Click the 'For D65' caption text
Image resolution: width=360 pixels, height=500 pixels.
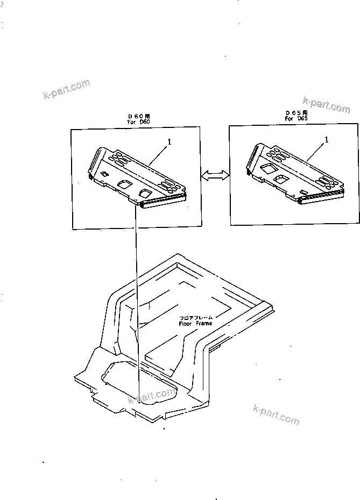(x=297, y=119)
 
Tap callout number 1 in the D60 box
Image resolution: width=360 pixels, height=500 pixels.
(x=170, y=142)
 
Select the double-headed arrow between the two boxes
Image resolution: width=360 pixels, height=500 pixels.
(x=215, y=175)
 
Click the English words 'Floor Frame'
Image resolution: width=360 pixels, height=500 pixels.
(x=195, y=324)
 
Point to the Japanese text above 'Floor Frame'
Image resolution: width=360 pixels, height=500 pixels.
(x=195, y=318)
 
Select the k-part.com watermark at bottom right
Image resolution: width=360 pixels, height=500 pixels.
(x=275, y=413)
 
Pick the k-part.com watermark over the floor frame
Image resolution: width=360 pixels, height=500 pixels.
(x=152, y=396)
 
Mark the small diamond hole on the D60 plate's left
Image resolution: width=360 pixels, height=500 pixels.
(x=104, y=174)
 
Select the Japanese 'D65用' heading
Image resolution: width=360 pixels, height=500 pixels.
(x=297, y=113)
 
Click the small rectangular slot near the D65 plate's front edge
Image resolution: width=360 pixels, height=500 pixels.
(x=304, y=192)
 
